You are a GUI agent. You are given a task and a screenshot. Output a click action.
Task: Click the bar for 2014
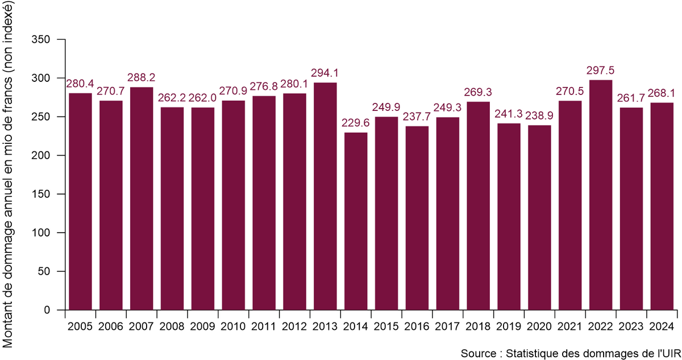click(356, 221)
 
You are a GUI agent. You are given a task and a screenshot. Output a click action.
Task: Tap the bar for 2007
click(142, 198)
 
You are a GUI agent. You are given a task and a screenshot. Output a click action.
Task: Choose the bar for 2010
click(234, 205)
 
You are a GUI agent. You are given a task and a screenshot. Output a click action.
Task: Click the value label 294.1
click(325, 73)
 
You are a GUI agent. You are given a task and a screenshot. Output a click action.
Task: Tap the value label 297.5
click(601, 71)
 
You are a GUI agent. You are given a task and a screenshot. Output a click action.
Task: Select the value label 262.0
click(203, 98)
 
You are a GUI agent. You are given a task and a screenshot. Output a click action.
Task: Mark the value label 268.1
click(662, 94)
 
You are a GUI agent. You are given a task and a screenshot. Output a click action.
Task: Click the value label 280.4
click(80, 84)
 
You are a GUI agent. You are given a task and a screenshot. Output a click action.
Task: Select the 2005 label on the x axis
click(80, 327)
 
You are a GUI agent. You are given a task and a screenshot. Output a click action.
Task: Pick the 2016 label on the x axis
click(417, 327)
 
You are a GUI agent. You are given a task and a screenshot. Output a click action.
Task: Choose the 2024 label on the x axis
click(662, 327)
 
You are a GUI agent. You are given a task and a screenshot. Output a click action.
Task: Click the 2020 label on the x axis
click(539, 327)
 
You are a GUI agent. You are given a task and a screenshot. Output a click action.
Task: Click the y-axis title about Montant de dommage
click(10, 180)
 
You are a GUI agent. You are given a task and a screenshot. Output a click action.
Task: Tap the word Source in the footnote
click(477, 353)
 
